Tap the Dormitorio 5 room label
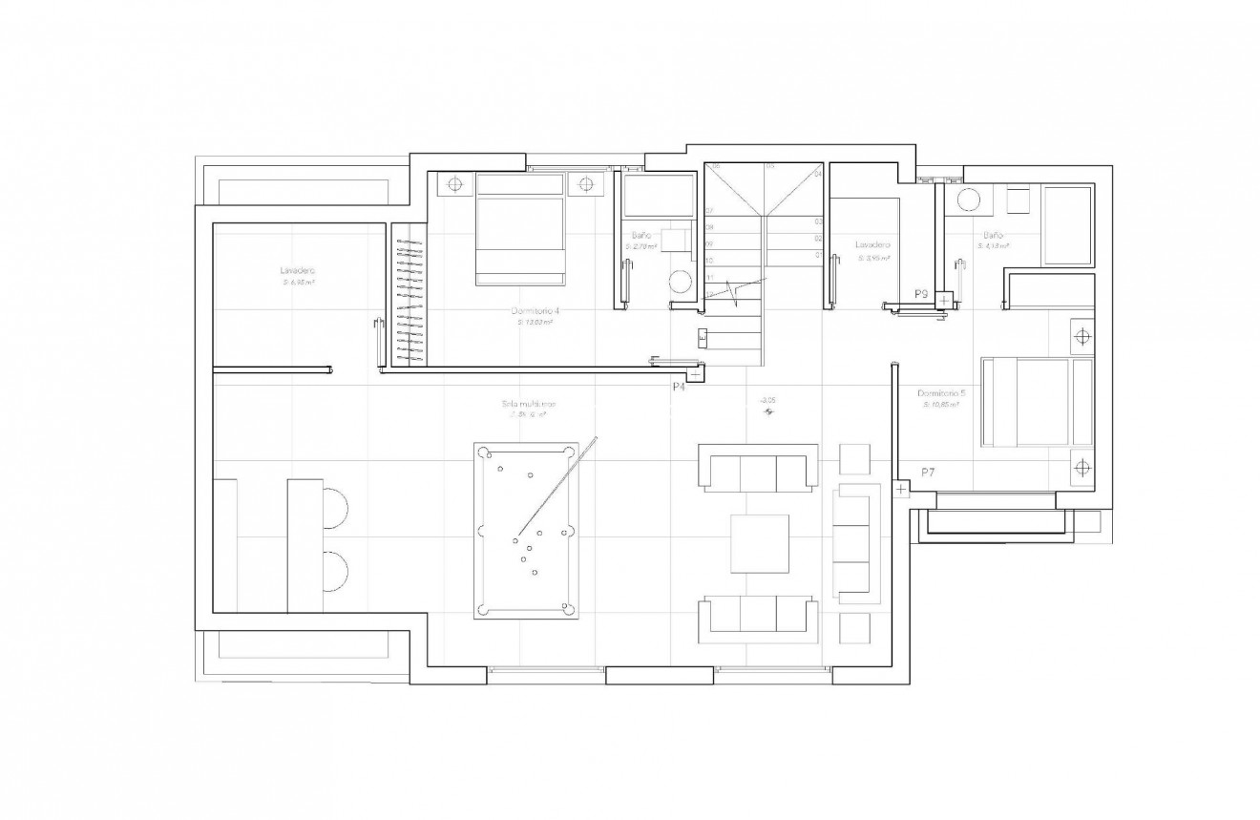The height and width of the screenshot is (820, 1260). (940, 393)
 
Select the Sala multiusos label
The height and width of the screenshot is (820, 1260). (529, 404)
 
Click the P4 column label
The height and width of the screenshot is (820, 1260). (679, 387)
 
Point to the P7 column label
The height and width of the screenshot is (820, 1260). (928, 473)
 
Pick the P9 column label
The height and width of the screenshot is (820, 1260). (921, 294)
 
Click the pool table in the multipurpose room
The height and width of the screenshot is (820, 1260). (526, 529)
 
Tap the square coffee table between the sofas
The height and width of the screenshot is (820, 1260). (760, 543)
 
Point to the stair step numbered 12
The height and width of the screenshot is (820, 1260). (709, 294)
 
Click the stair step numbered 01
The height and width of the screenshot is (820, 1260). (819, 256)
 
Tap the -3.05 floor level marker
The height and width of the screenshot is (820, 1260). (766, 402)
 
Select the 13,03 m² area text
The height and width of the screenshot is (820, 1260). (535, 323)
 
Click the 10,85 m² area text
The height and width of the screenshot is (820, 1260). (940, 405)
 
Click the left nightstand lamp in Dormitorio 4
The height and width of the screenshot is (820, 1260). (455, 183)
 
